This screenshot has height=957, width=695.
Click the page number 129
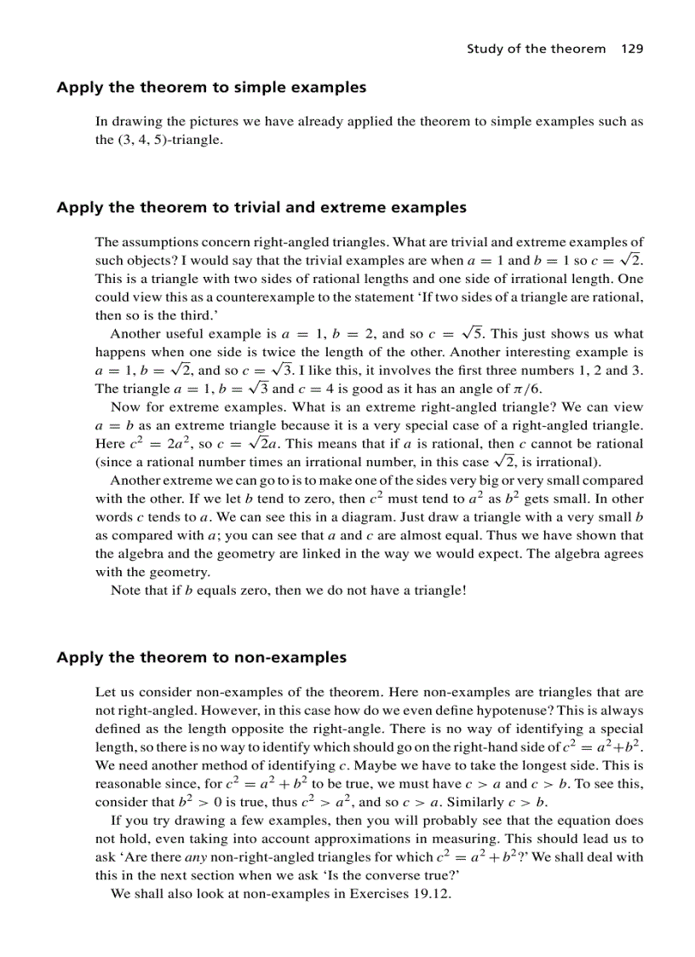pyautogui.click(x=632, y=49)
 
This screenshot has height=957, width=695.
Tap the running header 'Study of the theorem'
pyautogui.click(x=536, y=49)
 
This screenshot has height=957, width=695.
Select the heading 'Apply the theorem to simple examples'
pyautogui.click(x=211, y=87)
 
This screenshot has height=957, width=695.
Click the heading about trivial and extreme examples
pyautogui.click(x=261, y=207)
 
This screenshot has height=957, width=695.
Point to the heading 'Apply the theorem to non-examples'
pyautogui.click(x=201, y=657)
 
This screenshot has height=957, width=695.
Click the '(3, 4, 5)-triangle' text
pyautogui.click(x=158, y=139)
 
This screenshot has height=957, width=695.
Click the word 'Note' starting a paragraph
pyautogui.click(x=125, y=590)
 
